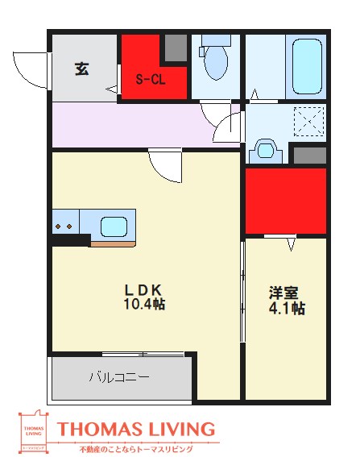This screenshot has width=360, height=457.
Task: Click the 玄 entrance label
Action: pos(82,69)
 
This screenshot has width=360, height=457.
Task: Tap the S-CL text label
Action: pos(150,79)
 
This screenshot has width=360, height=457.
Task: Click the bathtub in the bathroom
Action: pos(305,66)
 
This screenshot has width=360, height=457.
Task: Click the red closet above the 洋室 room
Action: pos(285,200)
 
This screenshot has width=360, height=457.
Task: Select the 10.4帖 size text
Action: pos(144,305)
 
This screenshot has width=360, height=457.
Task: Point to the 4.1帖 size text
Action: pos(286,308)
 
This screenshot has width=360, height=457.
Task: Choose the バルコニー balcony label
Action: pos(118,376)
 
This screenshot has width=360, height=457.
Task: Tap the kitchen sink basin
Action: pos(112,225)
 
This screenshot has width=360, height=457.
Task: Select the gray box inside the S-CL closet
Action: pos(175,48)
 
